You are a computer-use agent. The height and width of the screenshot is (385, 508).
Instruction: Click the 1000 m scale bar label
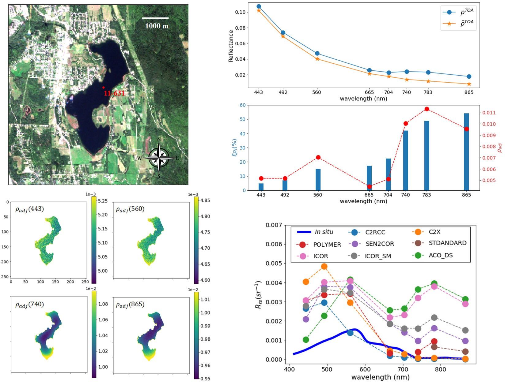157,26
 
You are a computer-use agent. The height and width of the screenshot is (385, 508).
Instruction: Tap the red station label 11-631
114,93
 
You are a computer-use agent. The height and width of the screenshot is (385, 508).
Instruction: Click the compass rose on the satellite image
159,158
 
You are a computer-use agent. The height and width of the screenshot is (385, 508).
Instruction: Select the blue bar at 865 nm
466,152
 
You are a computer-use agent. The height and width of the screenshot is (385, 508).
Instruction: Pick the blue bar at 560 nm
318,180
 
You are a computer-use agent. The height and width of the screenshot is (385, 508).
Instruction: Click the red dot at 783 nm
426,109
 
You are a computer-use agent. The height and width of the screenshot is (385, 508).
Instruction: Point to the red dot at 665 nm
369,187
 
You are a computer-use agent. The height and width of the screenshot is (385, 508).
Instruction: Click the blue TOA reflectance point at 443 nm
259,6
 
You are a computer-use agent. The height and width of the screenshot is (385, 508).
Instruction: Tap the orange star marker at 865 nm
469,84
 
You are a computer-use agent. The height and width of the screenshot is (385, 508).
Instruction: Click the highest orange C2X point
324,267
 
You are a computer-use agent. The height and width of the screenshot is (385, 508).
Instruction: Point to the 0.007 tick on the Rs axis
274,225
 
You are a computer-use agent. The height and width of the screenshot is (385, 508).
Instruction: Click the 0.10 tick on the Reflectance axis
240,12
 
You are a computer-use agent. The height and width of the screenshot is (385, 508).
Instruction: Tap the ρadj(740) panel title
30,305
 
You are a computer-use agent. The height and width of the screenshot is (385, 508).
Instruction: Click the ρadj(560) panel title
130,209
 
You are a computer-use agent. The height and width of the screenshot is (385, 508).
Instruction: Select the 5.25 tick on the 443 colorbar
103,201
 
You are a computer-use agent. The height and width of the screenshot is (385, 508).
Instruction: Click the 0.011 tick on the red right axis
489,113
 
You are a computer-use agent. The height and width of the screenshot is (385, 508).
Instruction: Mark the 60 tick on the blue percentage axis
243,105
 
